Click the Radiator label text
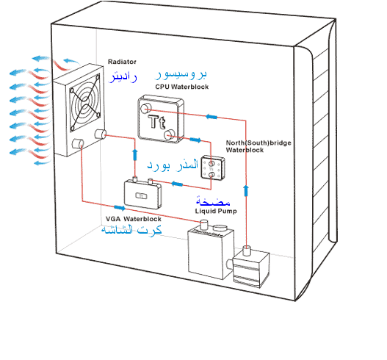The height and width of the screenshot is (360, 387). click(x=122, y=62)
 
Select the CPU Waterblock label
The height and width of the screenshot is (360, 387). click(x=182, y=87)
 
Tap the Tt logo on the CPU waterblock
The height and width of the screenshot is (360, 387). click(x=156, y=122)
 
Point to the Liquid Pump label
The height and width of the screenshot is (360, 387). click(x=216, y=211)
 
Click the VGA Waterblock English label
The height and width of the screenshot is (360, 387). click(x=134, y=219)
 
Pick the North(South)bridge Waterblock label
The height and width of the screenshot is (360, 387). click(x=258, y=146)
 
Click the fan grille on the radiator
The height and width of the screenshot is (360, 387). click(x=85, y=103)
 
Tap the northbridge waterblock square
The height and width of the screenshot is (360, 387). click(x=213, y=168)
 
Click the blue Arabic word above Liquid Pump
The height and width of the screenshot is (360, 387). click(x=213, y=201)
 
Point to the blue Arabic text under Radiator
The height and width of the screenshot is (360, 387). click(x=123, y=76)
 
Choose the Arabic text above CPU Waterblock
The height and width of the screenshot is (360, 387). click(x=181, y=74)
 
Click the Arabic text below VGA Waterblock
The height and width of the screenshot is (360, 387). click(x=131, y=230)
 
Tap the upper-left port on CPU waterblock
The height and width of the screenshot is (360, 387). click(x=145, y=109)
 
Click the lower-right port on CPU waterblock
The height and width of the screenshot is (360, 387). click(x=169, y=134)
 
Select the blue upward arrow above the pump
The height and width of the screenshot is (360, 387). click(x=246, y=191)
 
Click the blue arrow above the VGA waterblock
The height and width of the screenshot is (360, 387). click(x=135, y=155)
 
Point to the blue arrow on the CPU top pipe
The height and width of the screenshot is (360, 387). click(x=211, y=117)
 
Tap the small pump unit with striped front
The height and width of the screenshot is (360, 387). click(x=251, y=267)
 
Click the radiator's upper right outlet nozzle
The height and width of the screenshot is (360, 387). click(x=100, y=134)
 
